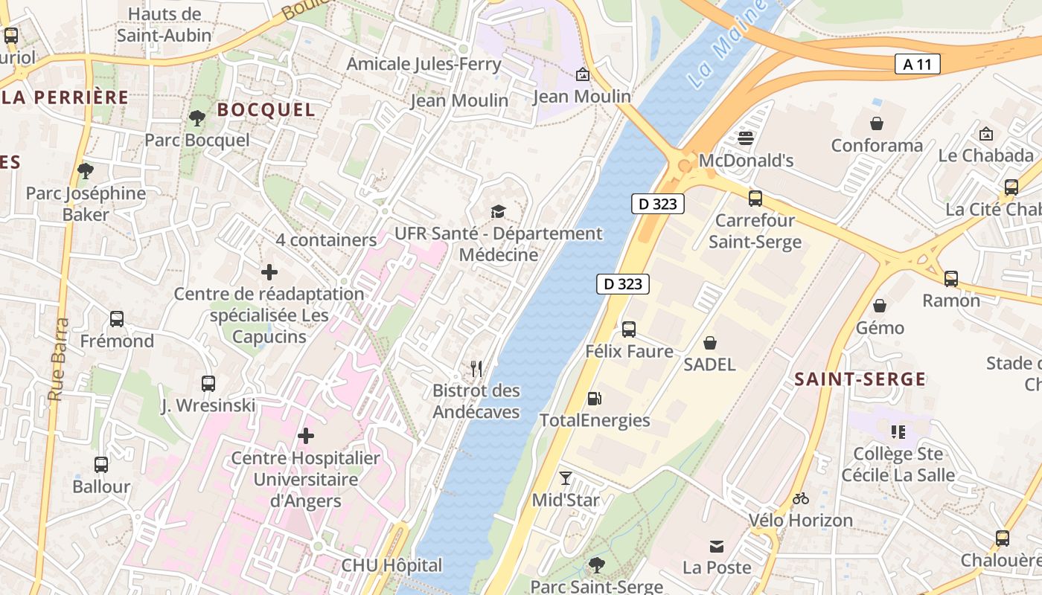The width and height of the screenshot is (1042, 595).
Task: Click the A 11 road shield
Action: click(917, 65)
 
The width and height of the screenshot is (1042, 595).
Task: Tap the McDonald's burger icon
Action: click(746, 138)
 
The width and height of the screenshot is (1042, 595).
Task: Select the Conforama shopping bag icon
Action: click(877, 123)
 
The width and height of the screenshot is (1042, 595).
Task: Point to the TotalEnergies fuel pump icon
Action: click(594, 398)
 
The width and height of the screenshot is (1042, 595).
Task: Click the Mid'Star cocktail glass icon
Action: click(566, 477)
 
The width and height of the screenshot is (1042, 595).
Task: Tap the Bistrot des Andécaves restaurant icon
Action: click(476, 368)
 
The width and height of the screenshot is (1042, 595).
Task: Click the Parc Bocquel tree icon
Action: click(197, 118)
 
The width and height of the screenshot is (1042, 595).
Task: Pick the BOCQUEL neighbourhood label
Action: click(266, 110)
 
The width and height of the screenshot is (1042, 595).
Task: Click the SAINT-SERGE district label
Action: click(860, 379)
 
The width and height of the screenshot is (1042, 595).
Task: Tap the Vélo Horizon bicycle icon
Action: click(801, 498)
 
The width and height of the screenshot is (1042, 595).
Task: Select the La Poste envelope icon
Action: click(717, 546)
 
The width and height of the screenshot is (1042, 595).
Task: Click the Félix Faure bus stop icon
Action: click(629, 329)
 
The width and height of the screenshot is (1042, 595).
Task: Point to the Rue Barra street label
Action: click(58, 360)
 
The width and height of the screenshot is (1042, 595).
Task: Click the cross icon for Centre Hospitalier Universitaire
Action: click(305, 436)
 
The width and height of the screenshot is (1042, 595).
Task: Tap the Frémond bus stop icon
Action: click(117, 319)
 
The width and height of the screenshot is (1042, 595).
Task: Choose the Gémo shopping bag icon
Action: click(880, 306)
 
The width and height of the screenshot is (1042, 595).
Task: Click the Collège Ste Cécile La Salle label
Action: click(898, 464)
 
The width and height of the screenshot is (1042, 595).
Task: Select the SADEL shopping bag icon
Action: click(710, 342)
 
